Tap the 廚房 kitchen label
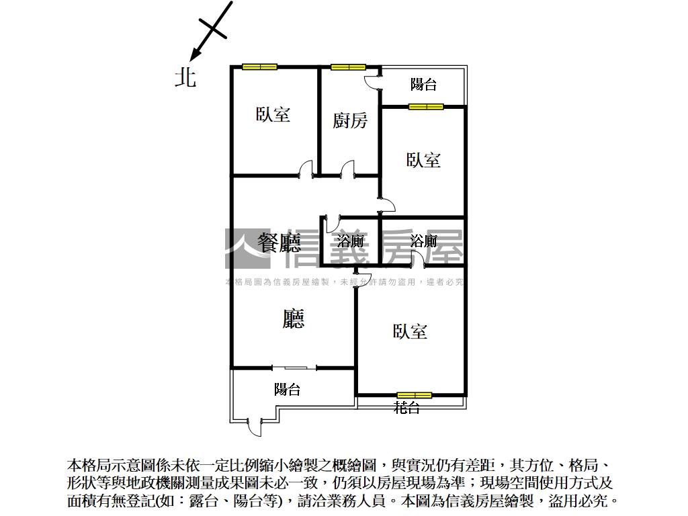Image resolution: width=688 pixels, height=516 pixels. coord(350,121)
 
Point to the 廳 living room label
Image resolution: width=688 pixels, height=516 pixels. coord(293,318)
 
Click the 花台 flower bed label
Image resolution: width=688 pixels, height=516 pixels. coord(406,407)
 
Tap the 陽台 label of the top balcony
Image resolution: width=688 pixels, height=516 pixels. coord(423,85)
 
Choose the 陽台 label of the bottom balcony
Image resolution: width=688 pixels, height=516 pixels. coord(287,390)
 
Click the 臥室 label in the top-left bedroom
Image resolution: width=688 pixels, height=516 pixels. coord(273,114)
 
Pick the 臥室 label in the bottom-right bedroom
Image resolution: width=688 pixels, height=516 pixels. coord(410,331)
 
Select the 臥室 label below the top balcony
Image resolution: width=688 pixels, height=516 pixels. coord(423,160)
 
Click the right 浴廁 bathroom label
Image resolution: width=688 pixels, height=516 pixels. coord(423,241)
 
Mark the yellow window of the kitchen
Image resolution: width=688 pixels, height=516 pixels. coord(348,67)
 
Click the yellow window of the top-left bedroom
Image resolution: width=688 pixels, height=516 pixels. coord(259,67)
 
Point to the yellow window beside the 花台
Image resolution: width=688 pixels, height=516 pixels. coord(414,395)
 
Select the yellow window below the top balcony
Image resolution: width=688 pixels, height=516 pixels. coord(426,106)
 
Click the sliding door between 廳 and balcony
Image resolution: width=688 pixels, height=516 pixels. coord(294,368)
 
